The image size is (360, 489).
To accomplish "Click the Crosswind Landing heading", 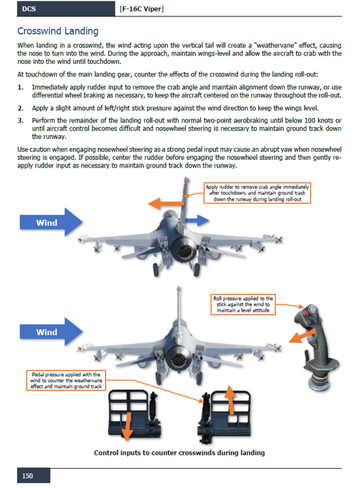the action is [x=57, y=31].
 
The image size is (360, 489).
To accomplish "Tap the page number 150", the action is [x=27, y=476].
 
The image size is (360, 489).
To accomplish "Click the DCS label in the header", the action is [x=29, y=9].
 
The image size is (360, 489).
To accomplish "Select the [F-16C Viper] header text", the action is [x=142, y=9].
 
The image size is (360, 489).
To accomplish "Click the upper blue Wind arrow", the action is [x=51, y=222].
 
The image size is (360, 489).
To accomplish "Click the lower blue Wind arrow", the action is [x=51, y=332].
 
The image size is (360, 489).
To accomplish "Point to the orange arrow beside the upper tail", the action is [x=166, y=203].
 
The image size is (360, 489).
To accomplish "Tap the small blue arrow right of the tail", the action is [x=197, y=220].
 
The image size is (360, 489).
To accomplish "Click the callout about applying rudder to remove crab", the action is [x=258, y=193].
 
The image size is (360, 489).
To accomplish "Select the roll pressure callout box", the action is [x=243, y=304].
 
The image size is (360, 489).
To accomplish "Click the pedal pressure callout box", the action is [x=66, y=381].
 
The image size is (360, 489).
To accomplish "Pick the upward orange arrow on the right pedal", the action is [x=230, y=400].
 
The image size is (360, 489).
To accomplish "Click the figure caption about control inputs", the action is [x=179, y=453].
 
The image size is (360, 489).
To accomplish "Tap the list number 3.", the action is [x=20, y=121].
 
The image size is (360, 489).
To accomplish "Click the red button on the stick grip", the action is [x=307, y=313].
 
